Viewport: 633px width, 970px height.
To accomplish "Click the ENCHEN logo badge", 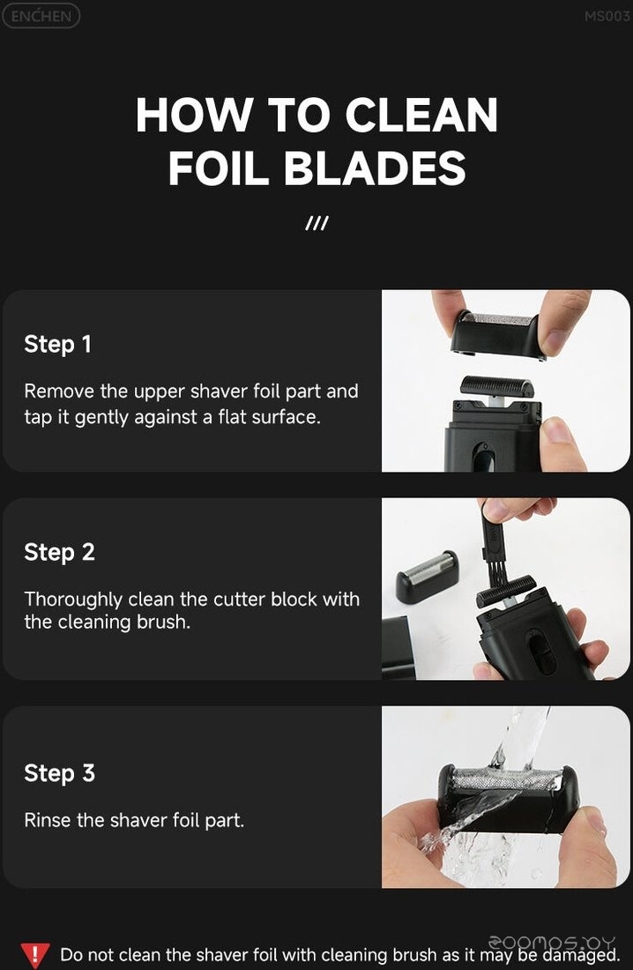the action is (41, 16).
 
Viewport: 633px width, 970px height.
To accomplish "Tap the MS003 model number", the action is (607, 17).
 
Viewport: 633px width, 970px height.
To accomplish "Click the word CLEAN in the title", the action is (421, 115).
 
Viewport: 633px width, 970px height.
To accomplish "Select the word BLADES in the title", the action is (375, 168).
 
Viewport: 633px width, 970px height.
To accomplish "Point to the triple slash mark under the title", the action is (316, 223).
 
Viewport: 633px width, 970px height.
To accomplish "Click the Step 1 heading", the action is (57, 344).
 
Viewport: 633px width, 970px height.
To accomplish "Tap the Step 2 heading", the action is (59, 552).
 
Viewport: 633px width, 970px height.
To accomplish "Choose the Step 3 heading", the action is (59, 772).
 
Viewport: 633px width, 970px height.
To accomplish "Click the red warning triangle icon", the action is (35, 955).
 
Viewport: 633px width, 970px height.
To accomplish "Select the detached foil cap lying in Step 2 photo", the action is (428, 576).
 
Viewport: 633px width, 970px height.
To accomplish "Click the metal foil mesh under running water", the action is (506, 780).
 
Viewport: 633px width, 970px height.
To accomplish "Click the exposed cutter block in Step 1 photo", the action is (497, 386).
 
